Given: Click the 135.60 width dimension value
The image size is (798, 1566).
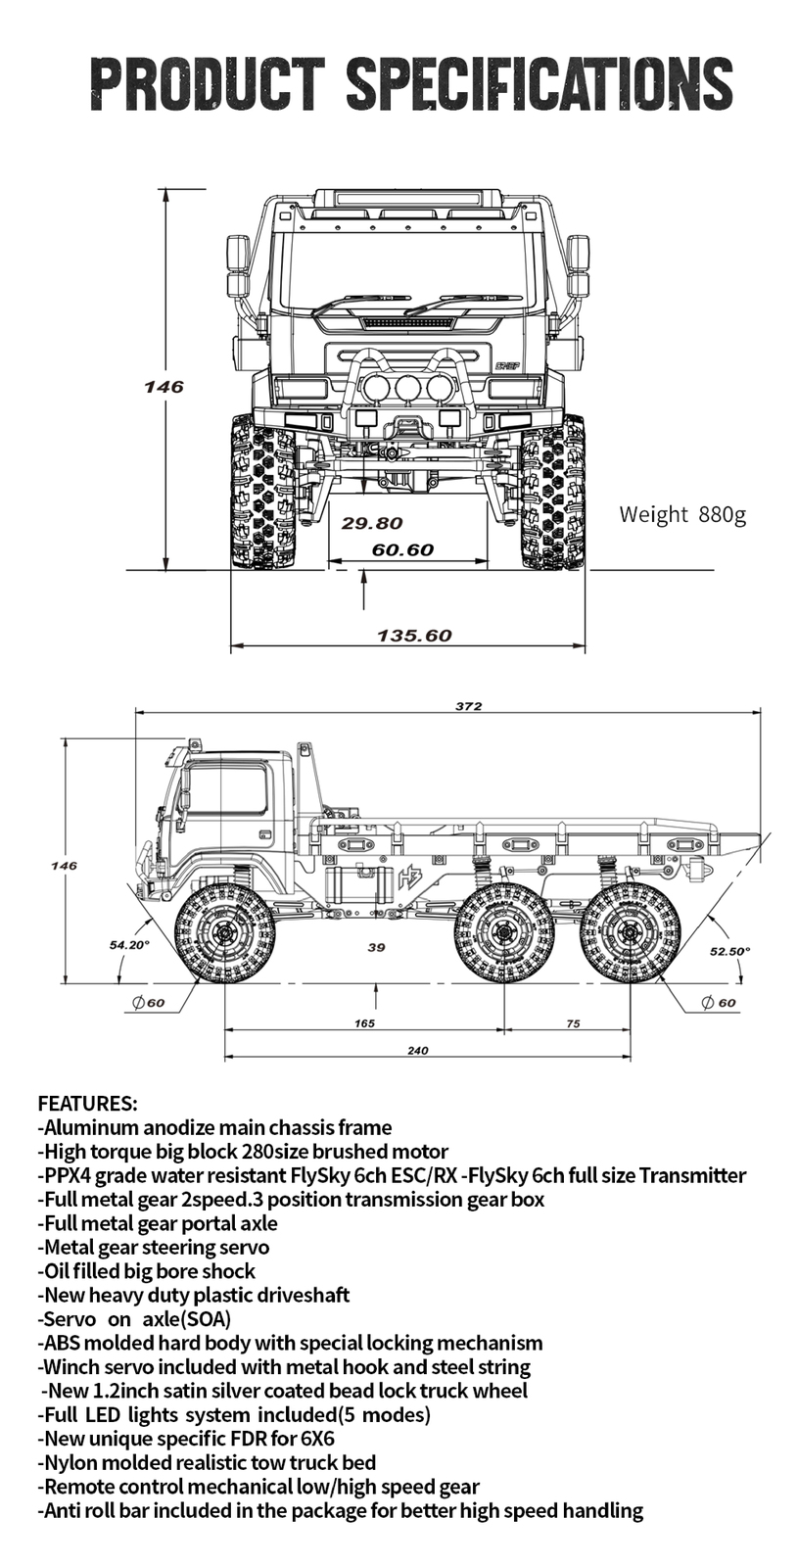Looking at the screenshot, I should tap(414, 636).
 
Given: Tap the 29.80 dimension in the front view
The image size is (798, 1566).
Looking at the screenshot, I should tap(372, 524).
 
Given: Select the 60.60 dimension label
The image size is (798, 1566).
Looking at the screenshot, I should tap(402, 550).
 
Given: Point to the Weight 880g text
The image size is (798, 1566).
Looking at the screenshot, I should tap(682, 514).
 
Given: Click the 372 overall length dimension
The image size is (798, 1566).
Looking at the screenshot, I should tap(468, 706).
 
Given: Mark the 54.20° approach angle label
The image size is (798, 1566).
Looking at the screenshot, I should tap(129, 945).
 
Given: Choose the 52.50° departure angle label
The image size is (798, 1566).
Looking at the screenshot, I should tap(729, 951).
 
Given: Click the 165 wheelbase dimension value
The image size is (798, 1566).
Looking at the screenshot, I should tap(364, 1023).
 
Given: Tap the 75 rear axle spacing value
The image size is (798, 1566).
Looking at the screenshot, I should tap(573, 1023).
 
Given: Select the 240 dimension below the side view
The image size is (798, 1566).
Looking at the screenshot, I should tap(417, 1051).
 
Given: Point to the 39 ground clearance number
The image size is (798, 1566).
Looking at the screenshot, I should tap(376, 947).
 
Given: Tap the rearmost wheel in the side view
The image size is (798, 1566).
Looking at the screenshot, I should tap(630, 932).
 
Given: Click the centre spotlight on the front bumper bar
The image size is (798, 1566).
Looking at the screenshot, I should tap(407, 388).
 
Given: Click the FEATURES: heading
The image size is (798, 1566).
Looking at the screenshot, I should tap(87, 1104).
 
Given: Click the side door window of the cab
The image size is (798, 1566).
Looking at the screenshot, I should tap(226, 790).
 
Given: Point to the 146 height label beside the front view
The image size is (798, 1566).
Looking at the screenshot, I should tap(164, 387).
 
